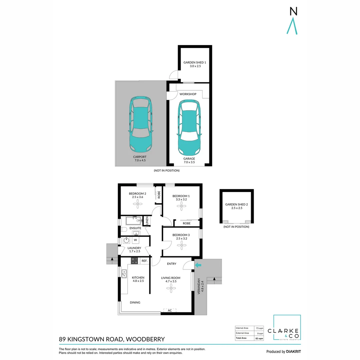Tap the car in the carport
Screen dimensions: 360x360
[141, 124]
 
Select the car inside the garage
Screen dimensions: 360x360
[189, 127]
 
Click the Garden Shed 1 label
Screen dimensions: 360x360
[195, 64]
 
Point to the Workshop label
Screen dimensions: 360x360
[188, 94]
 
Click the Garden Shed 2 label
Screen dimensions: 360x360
[236, 206]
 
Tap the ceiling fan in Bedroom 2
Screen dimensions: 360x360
[138, 204]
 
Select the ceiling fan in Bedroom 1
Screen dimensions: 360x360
[181, 206]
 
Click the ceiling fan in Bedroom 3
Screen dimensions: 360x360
[182, 245]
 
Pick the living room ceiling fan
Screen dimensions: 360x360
[171, 288]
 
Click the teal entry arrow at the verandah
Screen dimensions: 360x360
[198, 265]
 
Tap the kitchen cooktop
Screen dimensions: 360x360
[134, 261]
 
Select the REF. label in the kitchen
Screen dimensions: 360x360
[144, 261]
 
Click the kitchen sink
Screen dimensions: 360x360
[124, 274]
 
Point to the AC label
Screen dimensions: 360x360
[170, 310]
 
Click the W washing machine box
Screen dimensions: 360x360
[135, 240]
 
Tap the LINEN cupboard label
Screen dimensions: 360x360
[147, 221]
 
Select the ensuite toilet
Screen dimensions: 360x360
[124, 229]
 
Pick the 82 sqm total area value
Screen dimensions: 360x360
[259, 338]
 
